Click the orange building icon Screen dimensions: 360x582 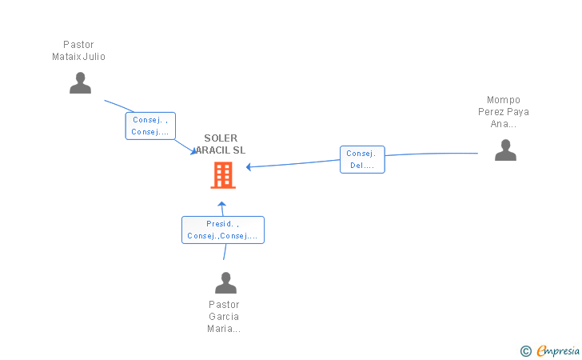(x=223, y=174)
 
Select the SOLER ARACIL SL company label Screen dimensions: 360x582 (x=221, y=144)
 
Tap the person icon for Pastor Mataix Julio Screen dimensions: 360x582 (x=80, y=82)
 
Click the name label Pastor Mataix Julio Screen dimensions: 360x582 (x=78, y=50)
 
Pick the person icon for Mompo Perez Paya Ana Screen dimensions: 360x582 (x=505, y=150)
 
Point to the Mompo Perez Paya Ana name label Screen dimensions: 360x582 (x=504, y=112)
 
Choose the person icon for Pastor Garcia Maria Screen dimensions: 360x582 (x=226, y=282)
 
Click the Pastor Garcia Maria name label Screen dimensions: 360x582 (x=224, y=317)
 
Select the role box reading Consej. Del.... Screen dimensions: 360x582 (x=362, y=160)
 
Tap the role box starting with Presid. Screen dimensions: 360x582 (x=222, y=230)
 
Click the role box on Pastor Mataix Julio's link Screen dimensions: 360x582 (x=149, y=126)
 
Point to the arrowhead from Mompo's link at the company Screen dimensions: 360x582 (x=249, y=167)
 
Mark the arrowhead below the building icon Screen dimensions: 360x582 (x=222, y=204)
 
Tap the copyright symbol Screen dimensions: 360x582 (x=525, y=350)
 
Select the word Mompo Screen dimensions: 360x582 (x=504, y=100)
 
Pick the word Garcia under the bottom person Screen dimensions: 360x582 (x=224, y=317)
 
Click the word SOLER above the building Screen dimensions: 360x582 (x=221, y=138)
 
